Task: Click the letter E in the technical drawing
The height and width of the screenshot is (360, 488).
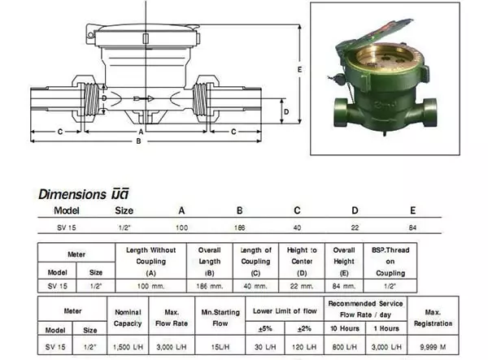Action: pyautogui.click(x=300, y=71)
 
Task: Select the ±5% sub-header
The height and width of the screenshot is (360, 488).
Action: pyautogui.click(x=265, y=328)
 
